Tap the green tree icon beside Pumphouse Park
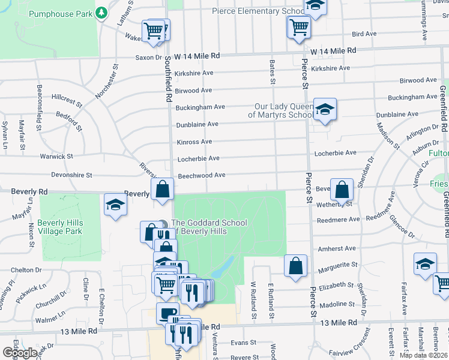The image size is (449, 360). pos(102,12)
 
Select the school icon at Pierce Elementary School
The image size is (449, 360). pos(314,6)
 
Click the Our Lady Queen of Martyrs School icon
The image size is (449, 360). pos(325,109)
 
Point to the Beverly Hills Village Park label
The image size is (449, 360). pos(59,227)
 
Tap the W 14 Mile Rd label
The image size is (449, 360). pos(333,51)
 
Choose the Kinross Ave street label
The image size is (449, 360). pos(194,142)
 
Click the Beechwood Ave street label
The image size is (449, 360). pos(202,175)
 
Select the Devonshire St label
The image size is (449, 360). pos(72,175)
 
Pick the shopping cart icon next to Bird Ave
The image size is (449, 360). pos(298,27)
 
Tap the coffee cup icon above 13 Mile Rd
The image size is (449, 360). pos(168,313)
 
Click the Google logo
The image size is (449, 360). pos(20,353)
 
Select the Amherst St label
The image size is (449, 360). pos(337,248)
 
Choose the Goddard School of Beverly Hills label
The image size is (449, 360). pos(209,227)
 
